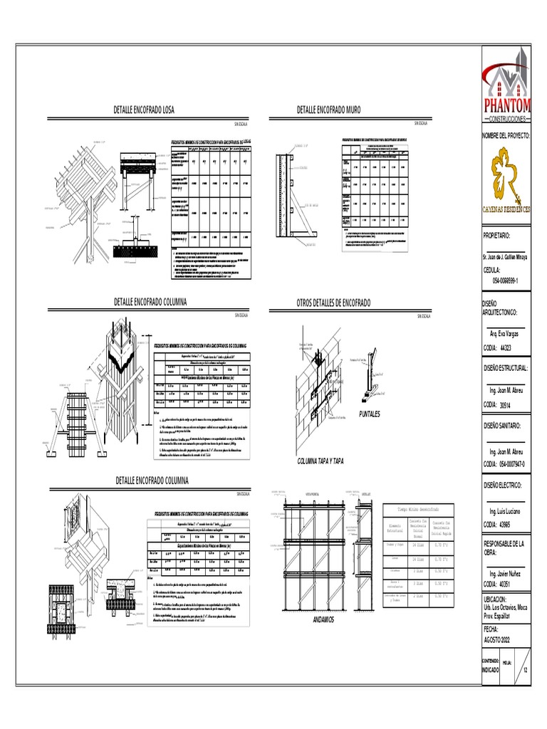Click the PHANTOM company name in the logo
507,105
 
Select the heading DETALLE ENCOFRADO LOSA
145,110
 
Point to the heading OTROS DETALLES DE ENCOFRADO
333,303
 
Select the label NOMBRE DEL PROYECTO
506,135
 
